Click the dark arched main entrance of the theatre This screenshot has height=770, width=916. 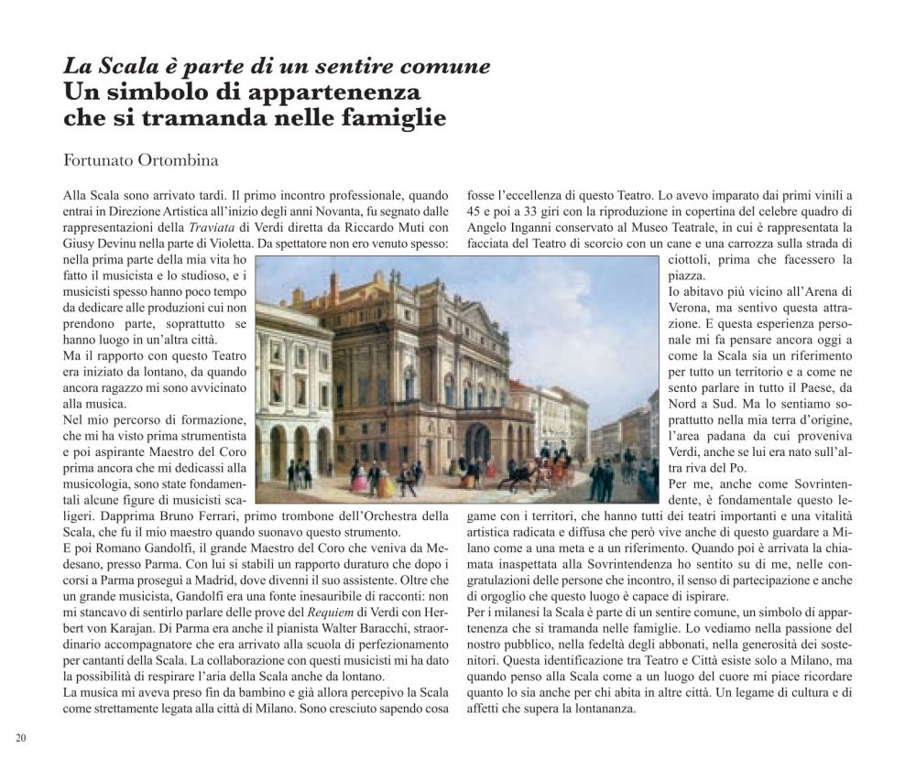477,443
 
